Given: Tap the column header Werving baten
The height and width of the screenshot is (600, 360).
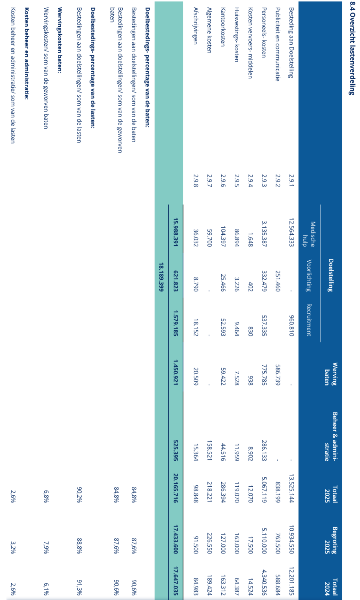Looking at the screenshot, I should click(x=331, y=374).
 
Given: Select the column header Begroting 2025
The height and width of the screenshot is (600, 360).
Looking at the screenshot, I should click(x=331, y=540).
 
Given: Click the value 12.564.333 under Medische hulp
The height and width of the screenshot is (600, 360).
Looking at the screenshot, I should click(x=291, y=232).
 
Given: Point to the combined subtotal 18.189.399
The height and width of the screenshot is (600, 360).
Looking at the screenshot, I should click(x=162, y=277).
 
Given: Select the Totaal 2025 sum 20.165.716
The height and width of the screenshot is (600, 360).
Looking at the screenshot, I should click(x=175, y=493).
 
